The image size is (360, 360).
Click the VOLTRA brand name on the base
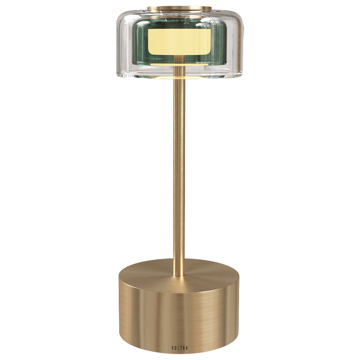[x=180, y=348]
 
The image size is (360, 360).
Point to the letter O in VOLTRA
[x=175, y=348]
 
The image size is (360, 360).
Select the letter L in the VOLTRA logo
[x=178, y=348]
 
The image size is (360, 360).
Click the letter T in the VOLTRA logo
[x=181, y=348]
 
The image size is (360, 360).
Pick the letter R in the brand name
[x=184, y=348]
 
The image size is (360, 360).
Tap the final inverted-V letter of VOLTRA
[x=187, y=348]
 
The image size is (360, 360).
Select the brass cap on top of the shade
[x=180, y=9]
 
